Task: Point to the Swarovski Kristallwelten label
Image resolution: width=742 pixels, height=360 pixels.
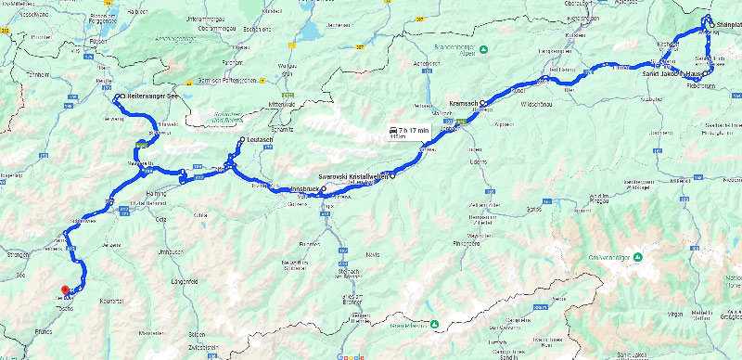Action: pos(352,175)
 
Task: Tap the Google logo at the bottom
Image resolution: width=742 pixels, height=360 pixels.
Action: pos(350,355)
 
